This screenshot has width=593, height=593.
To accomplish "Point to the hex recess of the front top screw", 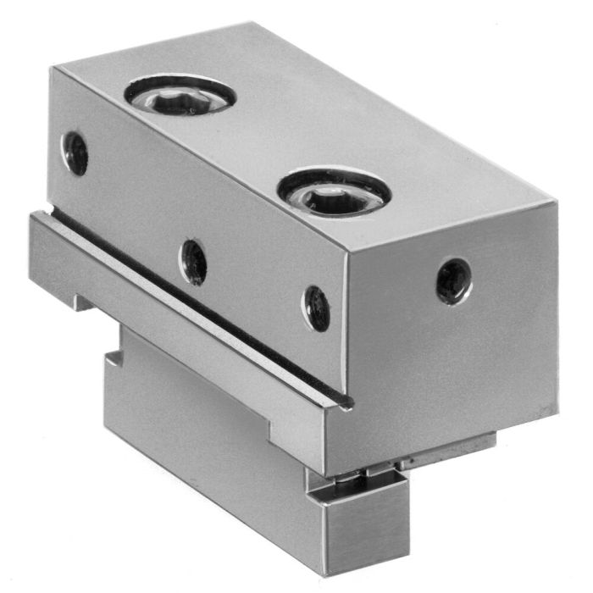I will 330,198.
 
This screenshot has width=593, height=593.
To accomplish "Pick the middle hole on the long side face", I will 194,262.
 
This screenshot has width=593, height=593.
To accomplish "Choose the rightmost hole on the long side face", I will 316,308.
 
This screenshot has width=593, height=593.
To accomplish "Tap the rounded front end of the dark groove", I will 344,405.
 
